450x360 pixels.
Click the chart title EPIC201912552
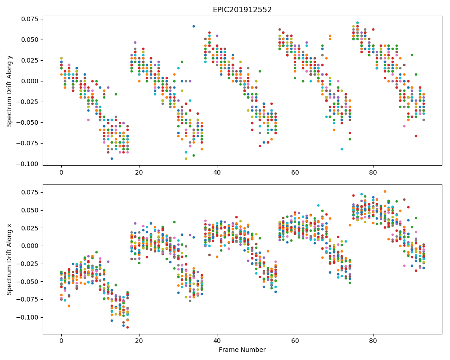tap(242, 9)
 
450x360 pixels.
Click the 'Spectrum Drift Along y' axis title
tap(9, 90)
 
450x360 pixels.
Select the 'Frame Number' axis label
tap(242, 350)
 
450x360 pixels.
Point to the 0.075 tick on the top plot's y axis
tap(30, 19)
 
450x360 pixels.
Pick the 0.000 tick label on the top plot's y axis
tap(30, 81)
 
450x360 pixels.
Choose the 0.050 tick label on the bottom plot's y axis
tap(30, 210)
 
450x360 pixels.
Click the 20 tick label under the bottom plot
tap(139, 341)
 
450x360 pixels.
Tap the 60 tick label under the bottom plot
tap(295, 341)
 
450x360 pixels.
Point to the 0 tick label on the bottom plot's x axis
tap(61, 341)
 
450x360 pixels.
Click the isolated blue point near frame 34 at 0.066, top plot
tap(193, 27)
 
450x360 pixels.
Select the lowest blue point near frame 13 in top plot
tap(112, 159)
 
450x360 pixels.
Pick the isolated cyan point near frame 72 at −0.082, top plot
tap(342, 149)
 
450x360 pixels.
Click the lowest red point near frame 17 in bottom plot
tap(127, 327)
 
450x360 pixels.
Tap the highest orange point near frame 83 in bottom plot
tap(385, 192)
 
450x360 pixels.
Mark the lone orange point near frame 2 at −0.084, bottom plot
tap(69, 306)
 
